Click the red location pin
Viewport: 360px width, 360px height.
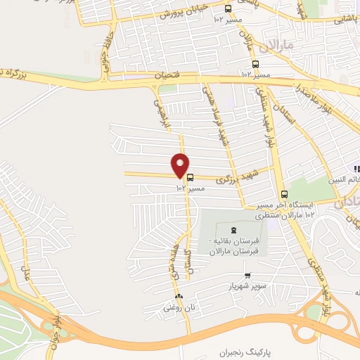click(x=181, y=165)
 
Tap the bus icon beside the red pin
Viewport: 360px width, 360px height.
click(x=191, y=178)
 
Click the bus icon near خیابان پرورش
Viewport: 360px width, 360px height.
click(x=227, y=8)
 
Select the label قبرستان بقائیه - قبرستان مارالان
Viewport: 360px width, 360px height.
click(x=234, y=246)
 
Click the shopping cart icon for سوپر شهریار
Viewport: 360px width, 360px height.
click(x=247, y=275)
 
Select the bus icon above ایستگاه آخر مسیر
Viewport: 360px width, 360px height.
click(x=284, y=195)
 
